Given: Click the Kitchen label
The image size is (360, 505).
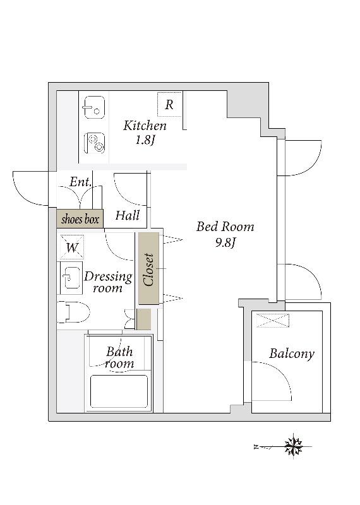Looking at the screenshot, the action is (x=145, y=126).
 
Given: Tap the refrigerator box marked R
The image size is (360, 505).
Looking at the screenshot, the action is (x=170, y=104).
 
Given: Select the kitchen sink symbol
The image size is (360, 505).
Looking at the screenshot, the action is (x=94, y=107).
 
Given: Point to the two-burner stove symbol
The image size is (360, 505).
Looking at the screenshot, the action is (x=95, y=143).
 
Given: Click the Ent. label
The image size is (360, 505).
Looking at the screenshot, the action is (x=81, y=182).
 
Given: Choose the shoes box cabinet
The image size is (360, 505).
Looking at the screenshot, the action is (x=80, y=219).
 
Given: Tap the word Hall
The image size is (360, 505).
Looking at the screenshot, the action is (x=128, y=215).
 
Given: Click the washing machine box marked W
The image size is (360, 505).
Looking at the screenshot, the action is (x=72, y=247).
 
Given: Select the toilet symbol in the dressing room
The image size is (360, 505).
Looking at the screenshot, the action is (x=73, y=312).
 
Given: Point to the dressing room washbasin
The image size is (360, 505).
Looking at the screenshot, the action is (x=70, y=278).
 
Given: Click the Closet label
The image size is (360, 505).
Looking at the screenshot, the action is (x=149, y=270).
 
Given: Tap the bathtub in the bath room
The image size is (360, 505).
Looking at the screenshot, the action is (x=119, y=391).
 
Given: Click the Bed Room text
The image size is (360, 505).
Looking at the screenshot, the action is (x=225, y=227).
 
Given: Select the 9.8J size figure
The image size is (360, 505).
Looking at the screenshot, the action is (x=225, y=242).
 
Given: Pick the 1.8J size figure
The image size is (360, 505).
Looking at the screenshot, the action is (x=145, y=140).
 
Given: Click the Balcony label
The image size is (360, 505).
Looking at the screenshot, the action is (x=292, y=353).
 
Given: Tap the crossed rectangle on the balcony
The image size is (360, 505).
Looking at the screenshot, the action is (x=273, y=320).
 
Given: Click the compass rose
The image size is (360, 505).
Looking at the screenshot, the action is (x=294, y=447).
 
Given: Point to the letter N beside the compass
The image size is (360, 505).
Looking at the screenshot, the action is (x=256, y=447).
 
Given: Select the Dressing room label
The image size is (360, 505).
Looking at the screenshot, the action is (x=108, y=282).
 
